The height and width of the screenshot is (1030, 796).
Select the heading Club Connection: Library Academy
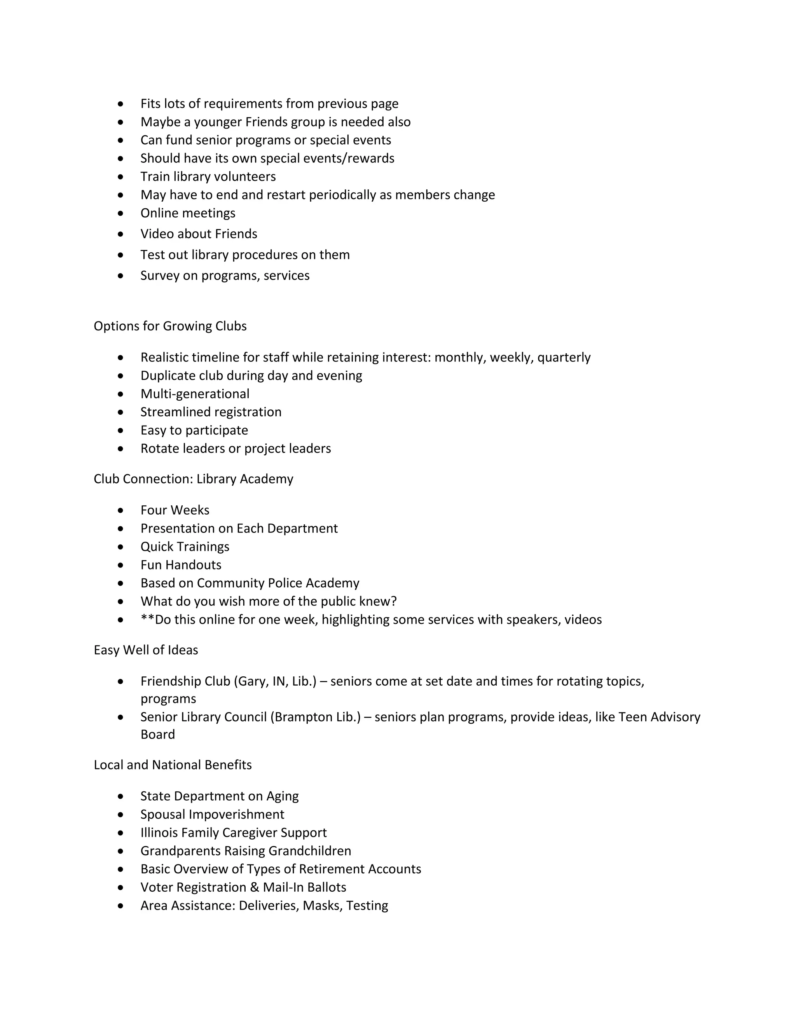pyautogui.click(x=193, y=479)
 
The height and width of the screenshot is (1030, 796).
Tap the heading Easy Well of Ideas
pyautogui.click(x=146, y=650)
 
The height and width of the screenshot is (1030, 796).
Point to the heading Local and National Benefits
pyautogui.click(x=173, y=765)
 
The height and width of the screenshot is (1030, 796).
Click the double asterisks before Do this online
pyautogui.click(x=148, y=619)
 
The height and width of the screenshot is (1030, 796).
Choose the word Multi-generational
pyautogui.click(x=195, y=394)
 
